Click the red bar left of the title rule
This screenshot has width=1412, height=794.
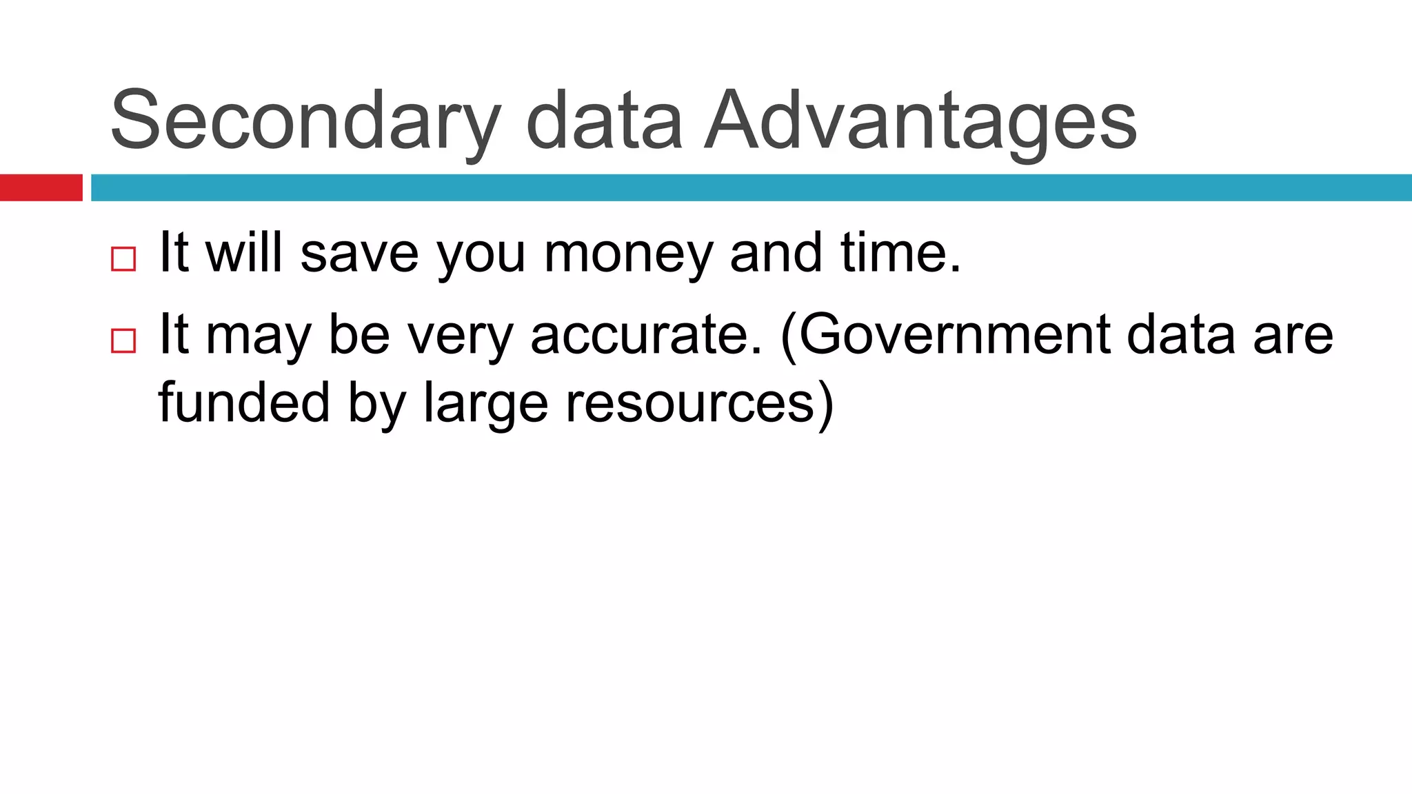point(41,187)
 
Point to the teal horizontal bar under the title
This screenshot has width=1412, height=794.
point(751,187)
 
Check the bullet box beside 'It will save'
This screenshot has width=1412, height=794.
point(123,259)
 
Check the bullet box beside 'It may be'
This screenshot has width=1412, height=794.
point(123,340)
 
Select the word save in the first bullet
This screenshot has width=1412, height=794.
point(359,254)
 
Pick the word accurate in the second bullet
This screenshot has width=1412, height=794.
point(647,335)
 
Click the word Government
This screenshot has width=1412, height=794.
point(952,335)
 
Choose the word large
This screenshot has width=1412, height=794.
point(485,403)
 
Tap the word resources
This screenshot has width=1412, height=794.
point(691,403)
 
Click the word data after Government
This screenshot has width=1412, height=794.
point(1180,335)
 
